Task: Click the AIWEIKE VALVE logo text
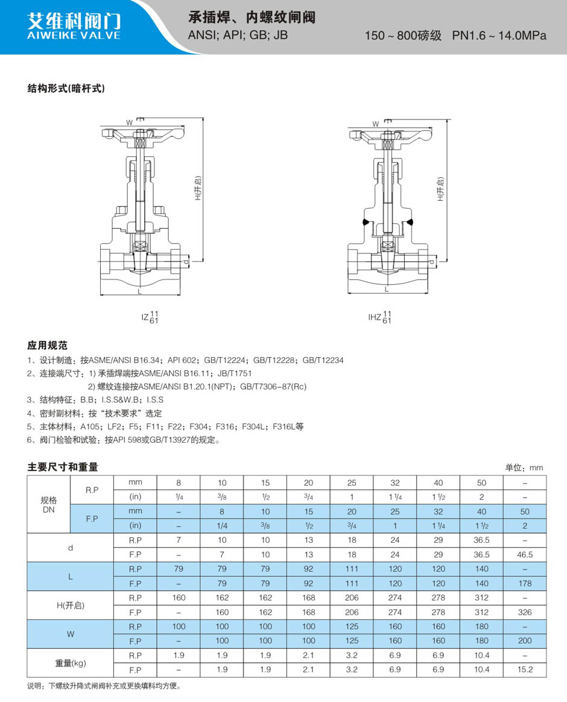pyautogui.click(x=74, y=36)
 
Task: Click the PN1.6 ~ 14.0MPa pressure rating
pyautogui.click(x=499, y=36)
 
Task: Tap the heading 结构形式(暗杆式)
pyautogui.click(x=66, y=88)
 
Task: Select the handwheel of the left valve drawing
pyautogui.click(x=142, y=134)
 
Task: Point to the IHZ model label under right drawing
pyautogui.click(x=380, y=317)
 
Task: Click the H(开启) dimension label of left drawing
pyautogui.click(x=198, y=188)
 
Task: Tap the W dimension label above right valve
pyautogui.click(x=375, y=124)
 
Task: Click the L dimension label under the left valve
pyautogui.click(x=140, y=291)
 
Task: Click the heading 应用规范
pyautogui.click(x=47, y=345)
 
